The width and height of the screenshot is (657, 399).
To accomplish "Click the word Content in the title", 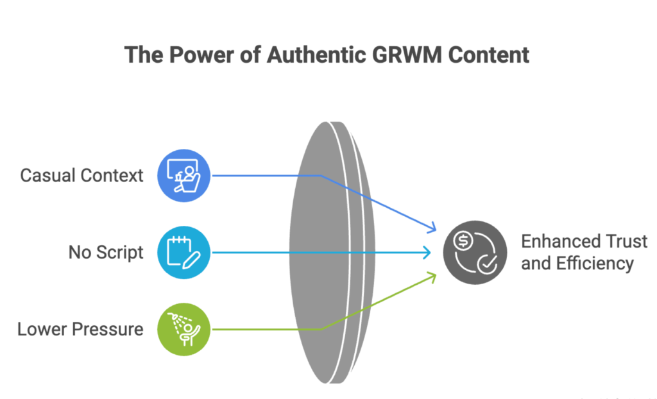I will (x=489, y=55).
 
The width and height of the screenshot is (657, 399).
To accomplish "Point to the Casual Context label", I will (x=81, y=175).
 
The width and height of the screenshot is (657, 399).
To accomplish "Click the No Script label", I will (x=106, y=253).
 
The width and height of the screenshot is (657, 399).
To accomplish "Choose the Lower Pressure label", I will (x=80, y=330).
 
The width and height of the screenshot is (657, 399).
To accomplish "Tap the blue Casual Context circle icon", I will (x=183, y=175).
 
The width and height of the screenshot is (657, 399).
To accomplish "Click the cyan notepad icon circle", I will (x=183, y=252).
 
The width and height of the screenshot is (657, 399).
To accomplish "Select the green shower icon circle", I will (x=183, y=329).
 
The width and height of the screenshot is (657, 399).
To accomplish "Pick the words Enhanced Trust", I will (x=584, y=242).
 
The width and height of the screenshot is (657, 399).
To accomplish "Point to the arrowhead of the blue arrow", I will (x=434, y=228).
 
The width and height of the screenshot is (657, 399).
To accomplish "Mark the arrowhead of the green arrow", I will (x=434, y=276).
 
